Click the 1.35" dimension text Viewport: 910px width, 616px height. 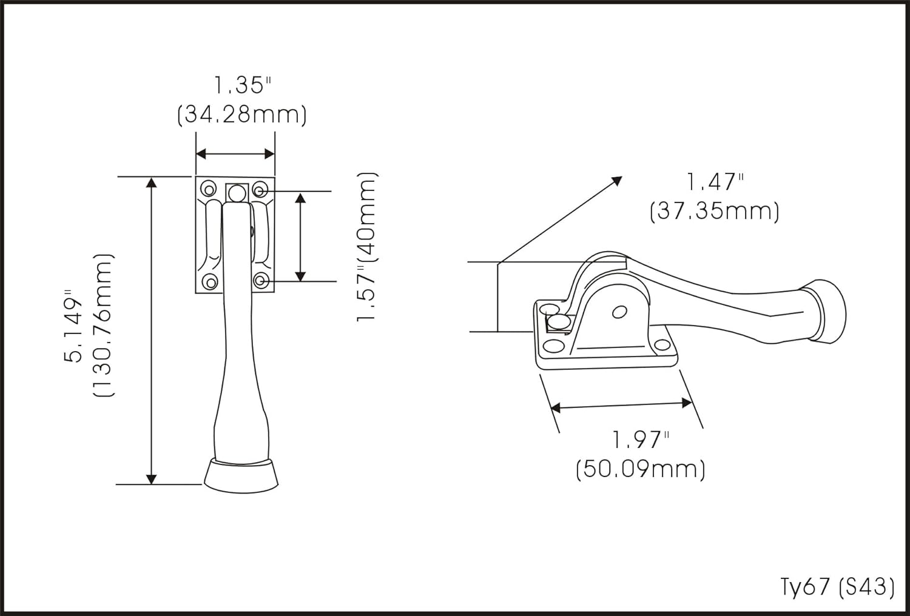(x=242, y=85)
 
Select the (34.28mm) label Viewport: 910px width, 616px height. (x=242, y=115)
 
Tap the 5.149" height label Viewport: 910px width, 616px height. (x=73, y=326)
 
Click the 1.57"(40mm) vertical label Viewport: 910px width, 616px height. (x=367, y=247)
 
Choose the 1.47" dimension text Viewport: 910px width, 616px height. (x=715, y=182)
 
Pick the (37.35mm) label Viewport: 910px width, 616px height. (x=715, y=212)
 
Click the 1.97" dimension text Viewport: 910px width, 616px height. (x=641, y=440)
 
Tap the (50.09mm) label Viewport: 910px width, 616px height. (x=641, y=470)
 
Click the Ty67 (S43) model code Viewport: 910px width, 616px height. (x=838, y=587)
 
